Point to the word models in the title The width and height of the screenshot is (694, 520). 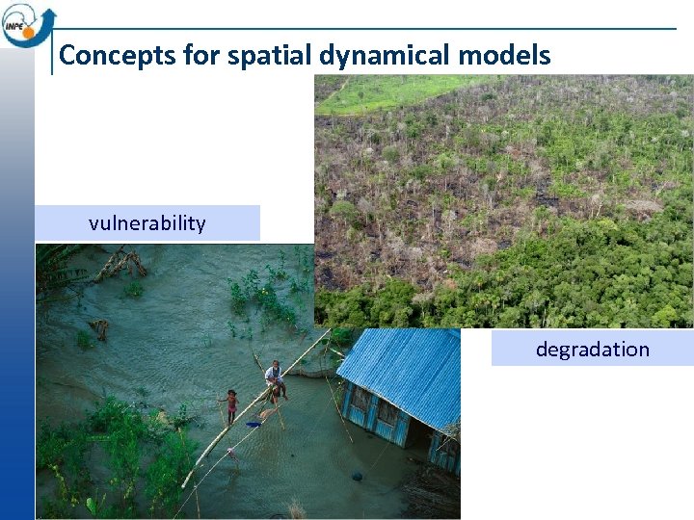(x=504, y=56)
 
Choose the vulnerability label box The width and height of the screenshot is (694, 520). (x=147, y=223)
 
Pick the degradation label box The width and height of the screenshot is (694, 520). (x=592, y=349)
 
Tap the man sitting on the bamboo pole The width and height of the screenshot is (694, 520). (x=276, y=378)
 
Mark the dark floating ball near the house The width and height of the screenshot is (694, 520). (x=357, y=476)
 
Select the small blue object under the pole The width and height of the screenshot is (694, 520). (x=254, y=423)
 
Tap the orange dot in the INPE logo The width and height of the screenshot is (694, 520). (x=29, y=32)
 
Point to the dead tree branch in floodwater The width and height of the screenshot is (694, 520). (x=120, y=262)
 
